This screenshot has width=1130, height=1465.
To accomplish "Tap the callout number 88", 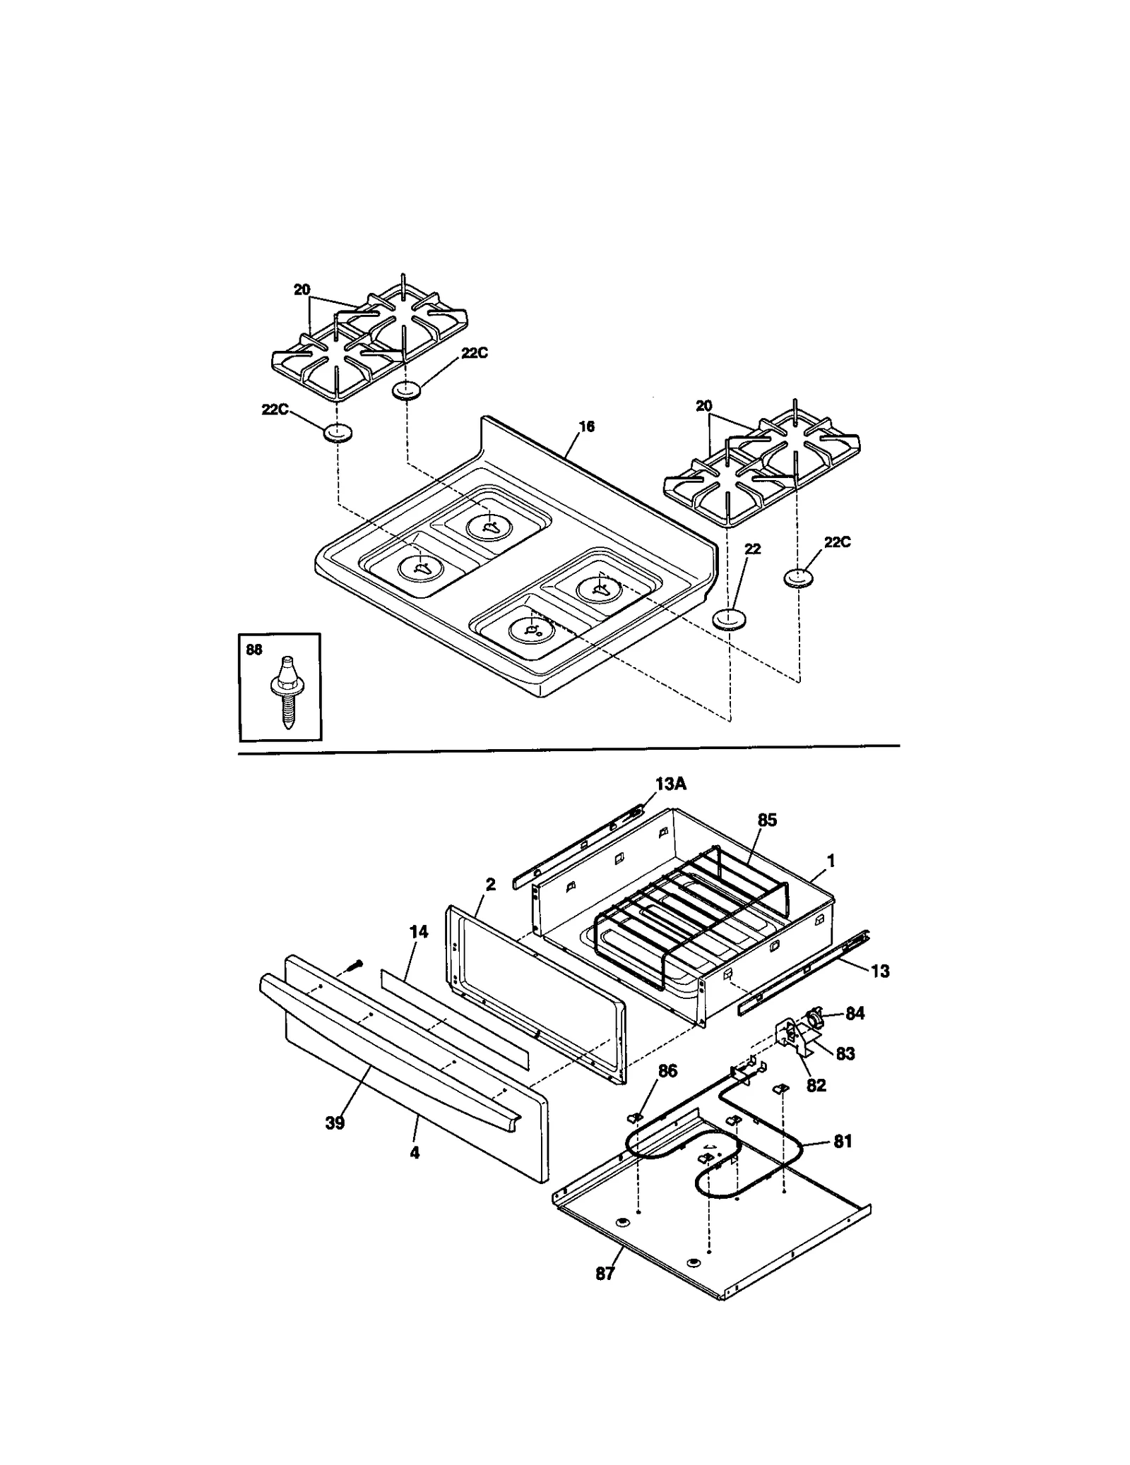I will (254, 650).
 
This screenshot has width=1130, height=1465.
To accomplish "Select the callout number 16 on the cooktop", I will (586, 426).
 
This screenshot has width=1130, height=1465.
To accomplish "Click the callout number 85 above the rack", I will (767, 820).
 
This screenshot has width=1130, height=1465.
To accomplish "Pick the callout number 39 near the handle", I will (335, 1123).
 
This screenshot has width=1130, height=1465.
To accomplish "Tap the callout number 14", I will (419, 932).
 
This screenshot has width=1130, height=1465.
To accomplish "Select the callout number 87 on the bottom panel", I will (605, 1274).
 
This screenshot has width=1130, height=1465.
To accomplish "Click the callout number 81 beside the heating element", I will (843, 1142).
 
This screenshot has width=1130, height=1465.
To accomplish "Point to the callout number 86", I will (667, 1071).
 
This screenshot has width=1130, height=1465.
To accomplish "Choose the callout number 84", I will (855, 1013).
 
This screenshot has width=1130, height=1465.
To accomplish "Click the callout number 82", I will (816, 1085).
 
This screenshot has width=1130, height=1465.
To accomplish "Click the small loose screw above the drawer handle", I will (358, 963).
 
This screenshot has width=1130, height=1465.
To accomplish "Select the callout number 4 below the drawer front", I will (415, 1153).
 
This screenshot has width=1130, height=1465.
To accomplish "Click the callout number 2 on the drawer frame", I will (491, 884).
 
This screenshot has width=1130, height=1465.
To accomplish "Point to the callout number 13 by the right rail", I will (880, 971).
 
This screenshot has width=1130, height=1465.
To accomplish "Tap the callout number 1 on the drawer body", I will (831, 861).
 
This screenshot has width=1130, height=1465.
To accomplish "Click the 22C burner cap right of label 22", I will (798, 578).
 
